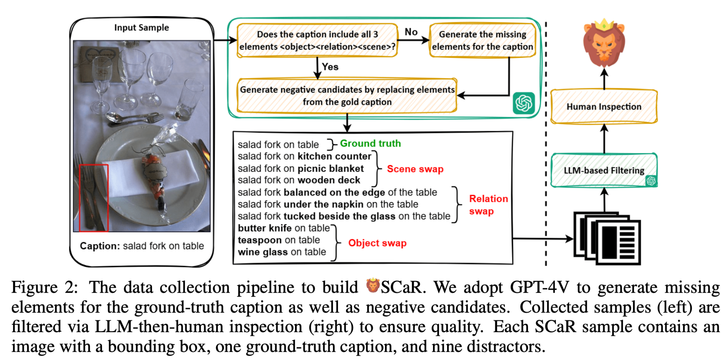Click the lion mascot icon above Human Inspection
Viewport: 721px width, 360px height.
click(x=604, y=43)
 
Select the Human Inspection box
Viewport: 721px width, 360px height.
click(x=604, y=106)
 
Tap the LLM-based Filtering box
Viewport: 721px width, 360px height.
click(x=604, y=170)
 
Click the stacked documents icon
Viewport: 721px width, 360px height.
click(x=607, y=238)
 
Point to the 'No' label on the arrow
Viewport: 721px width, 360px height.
click(x=411, y=32)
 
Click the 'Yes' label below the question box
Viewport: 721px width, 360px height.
click(x=330, y=67)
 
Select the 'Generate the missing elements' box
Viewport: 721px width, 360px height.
click(x=482, y=40)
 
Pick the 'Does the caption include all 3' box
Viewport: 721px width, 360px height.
click(x=317, y=40)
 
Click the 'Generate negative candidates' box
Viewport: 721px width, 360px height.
click(x=347, y=95)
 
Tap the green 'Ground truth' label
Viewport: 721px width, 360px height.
click(x=370, y=143)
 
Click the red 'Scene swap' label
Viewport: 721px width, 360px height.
click(x=415, y=169)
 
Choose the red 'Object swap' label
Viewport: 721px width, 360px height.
click(x=377, y=243)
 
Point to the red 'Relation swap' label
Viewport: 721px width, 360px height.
click(x=488, y=205)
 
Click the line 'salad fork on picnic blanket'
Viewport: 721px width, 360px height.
click(x=301, y=168)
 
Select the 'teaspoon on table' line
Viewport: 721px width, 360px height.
click(x=279, y=240)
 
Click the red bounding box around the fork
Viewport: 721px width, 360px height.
click(x=94, y=198)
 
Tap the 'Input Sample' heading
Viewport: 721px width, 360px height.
click(x=142, y=27)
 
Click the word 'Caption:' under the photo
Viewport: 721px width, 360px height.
click(x=100, y=246)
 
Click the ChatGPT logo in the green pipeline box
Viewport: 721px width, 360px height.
click(x=523, y=103)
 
